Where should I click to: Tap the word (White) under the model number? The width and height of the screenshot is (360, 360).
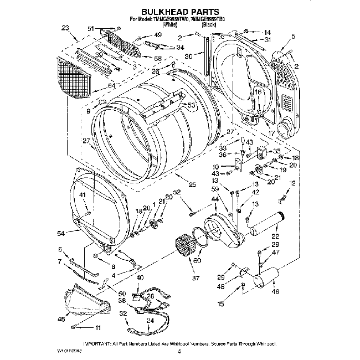point(169,25)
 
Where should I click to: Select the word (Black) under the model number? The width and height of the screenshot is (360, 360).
point(209,25)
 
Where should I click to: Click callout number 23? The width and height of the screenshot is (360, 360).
point(66,27)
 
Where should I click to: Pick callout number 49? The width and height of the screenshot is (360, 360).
point(158,35)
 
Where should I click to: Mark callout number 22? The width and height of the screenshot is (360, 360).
point(275,236)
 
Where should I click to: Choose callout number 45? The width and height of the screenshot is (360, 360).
point(61,319)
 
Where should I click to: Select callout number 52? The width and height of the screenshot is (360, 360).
point(177,193)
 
